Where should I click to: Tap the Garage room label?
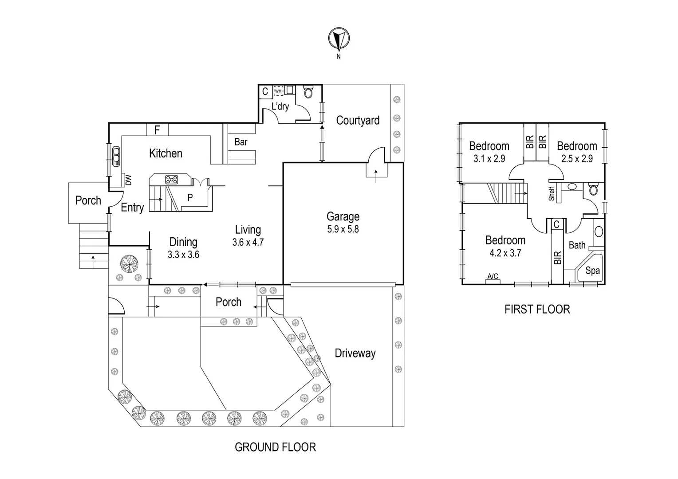click(343, 216)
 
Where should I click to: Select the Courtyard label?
click(358, 121)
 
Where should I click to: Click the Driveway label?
click(355, 353)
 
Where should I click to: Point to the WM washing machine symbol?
click(278, 91)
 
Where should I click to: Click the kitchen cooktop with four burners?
click(171, 180)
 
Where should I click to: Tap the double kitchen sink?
click(116, 157)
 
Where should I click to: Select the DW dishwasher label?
click(129, 181)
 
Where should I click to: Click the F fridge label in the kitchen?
click(157, 130)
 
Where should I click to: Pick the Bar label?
click(241, 142)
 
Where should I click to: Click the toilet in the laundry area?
click(308, 92)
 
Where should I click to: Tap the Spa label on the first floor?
click(592, 271)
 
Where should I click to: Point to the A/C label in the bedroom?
click(493, 276)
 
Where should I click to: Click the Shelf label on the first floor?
click(552, 194)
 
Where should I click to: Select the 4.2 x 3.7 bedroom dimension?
click(505, 253)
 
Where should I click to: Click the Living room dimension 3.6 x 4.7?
click(248, 242)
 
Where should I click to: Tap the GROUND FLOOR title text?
click(275, 447)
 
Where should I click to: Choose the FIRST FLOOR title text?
click(537, 309)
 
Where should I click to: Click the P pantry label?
click(190, 198)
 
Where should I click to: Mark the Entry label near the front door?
click(132, 208)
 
